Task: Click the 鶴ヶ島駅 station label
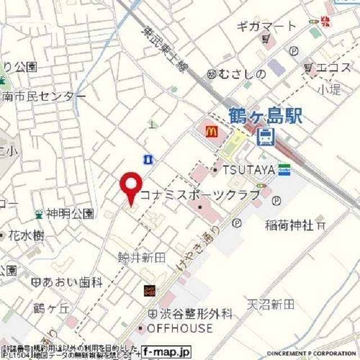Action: [266, 117]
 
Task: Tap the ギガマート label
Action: [265, 26]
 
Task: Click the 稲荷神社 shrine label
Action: [289, 225]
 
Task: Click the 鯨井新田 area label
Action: [142, 257]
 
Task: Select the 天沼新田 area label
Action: [270, 304]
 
